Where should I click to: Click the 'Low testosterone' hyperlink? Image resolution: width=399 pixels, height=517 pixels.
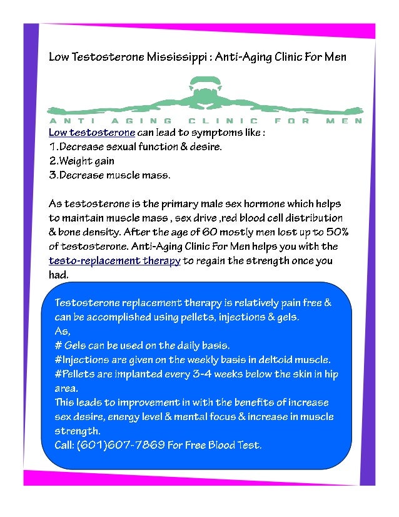pos(92,133)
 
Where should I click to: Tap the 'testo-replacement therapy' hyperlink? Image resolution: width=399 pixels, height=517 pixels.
pos(114,261)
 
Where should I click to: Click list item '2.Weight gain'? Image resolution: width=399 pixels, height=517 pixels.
pos(82,161)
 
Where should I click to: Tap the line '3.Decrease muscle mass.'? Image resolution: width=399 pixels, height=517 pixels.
pos(109,175)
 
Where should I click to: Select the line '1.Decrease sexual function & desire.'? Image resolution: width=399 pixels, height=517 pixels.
pos(135,147)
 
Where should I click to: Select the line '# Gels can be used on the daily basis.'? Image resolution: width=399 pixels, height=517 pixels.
pos(142,346)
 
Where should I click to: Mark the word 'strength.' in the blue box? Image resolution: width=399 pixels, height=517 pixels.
pos(78,431)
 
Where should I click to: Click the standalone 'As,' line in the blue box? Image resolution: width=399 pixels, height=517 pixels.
pos(63,331)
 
